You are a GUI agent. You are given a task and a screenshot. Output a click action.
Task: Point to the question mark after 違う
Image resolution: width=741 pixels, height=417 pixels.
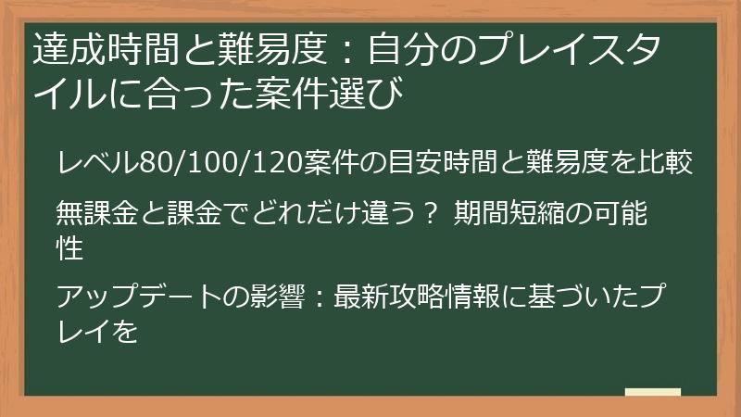pos(428,216)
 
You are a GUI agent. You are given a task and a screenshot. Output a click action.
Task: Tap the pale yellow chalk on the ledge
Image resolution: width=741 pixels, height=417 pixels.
pos(653,393)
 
